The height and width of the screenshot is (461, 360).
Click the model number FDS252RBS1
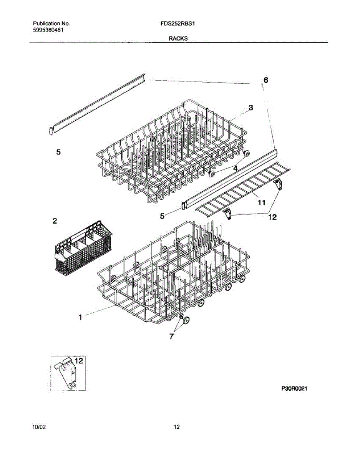pos(178,23)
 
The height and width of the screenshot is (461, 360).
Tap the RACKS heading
pos(178,38)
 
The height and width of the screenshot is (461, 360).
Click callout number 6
pos(265,80)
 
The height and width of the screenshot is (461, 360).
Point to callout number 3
pos(251,108)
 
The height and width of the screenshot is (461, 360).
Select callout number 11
pos(262,202)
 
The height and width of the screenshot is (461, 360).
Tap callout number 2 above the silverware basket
pos(55,221)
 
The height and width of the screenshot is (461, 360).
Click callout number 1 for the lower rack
pos(80,317)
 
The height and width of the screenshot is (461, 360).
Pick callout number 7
pos(171,336)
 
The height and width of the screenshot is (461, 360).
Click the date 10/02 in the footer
pos(39,427)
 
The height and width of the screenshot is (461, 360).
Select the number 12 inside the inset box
pos(78,361)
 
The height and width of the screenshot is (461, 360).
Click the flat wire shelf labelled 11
pos(242,188)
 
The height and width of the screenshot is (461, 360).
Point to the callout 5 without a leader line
pos(58,152)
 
